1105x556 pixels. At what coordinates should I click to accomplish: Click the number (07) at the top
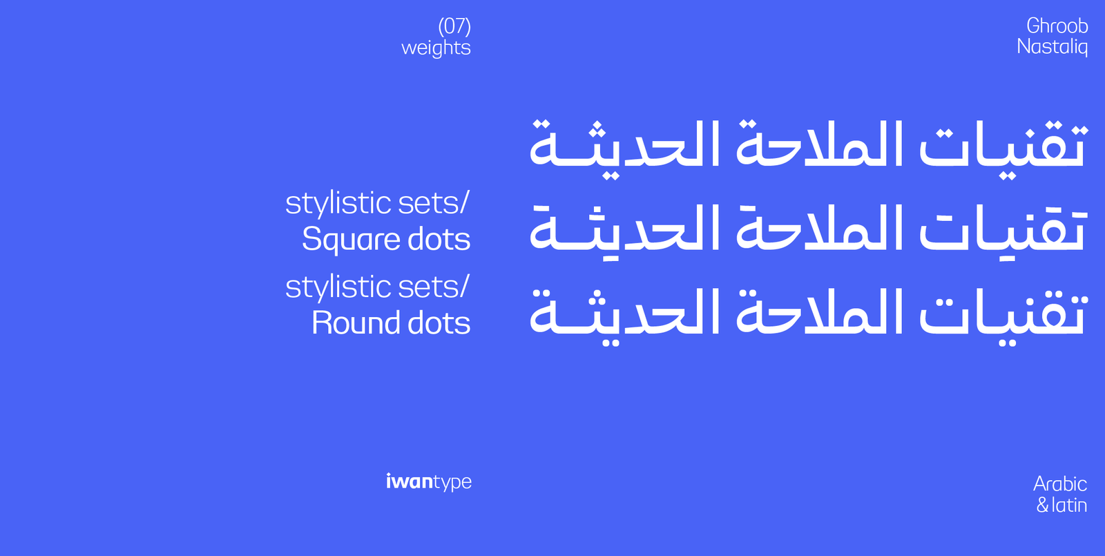coord(454,26)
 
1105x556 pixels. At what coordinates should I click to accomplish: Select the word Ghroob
coord(1057,26)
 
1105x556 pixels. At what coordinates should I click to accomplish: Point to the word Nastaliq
coord(1053,47)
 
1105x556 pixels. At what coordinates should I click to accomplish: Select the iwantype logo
coord(429,482)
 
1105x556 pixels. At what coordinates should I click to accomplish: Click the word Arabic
coord(1060,484)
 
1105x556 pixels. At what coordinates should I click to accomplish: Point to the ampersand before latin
coord(1042,505)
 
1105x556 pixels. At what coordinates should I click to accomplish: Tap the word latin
coord(1070,505)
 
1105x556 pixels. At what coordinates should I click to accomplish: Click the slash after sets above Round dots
coord(464,286)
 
